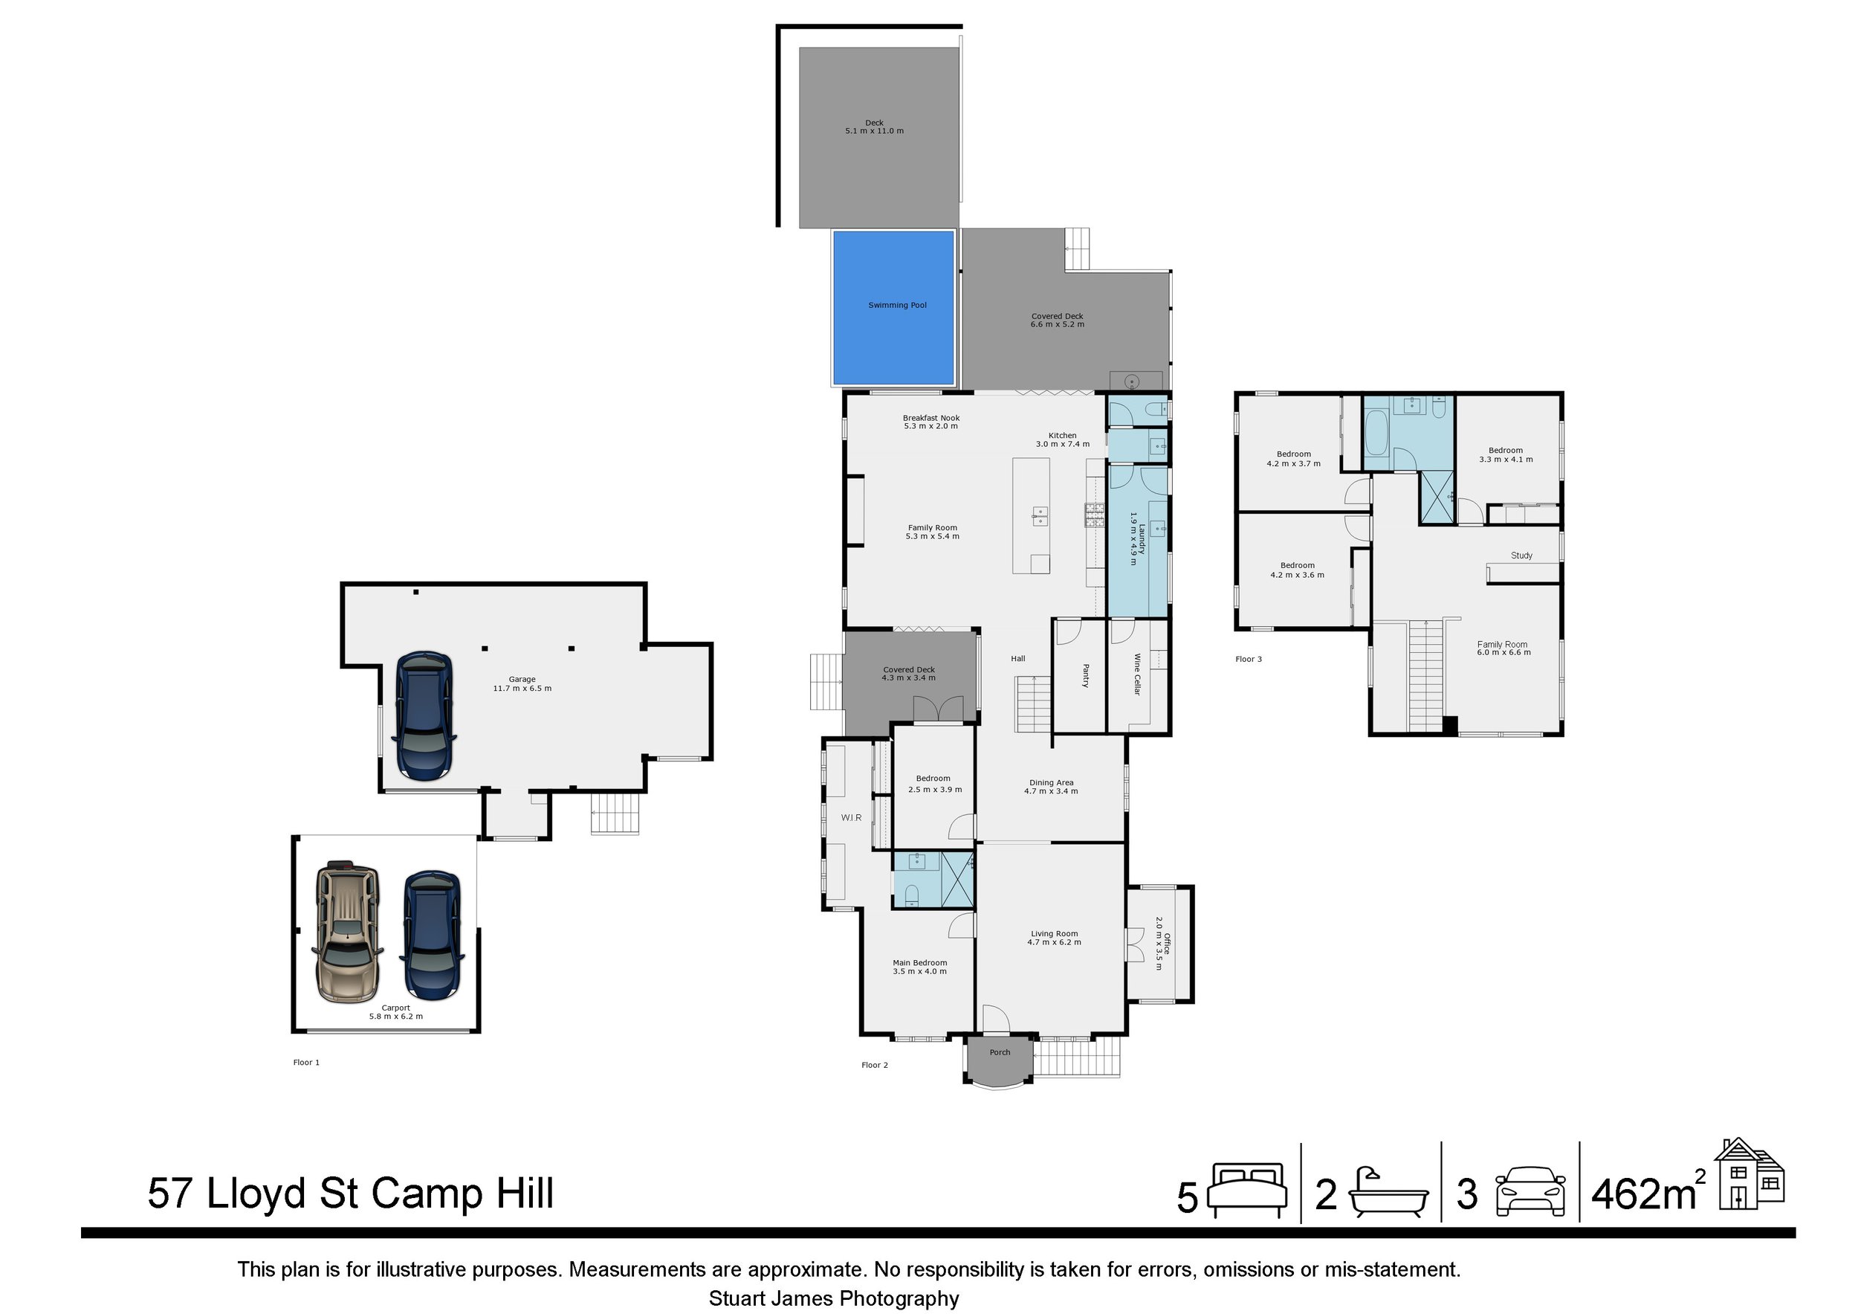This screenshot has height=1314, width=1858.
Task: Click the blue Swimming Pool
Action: [x=893, y=308]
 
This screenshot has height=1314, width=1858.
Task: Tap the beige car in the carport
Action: [x=348, y=930]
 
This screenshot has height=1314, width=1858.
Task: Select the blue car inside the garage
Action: [x=422, y=717]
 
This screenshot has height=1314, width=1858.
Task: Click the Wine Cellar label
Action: [x=1137, y=674]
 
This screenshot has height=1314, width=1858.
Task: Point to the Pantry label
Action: [x=1086, y=676]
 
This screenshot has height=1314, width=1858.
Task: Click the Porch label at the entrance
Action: [x=1000, y=1052]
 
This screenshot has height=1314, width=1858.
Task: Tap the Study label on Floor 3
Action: [x=1521, y=555]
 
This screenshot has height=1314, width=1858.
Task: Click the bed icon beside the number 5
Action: [x=1247, y=1190]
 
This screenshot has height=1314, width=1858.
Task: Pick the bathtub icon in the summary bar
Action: [x=1388, y=1192]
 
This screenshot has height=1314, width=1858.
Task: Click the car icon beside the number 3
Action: [x=1530, y=1191]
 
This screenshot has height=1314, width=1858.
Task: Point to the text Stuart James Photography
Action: [x=835, y=1298]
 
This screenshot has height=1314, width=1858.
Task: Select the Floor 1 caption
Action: [x=307, y=1062]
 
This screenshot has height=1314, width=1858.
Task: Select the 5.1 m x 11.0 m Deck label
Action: [x=874, y=127]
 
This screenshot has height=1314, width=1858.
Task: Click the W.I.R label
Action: [x=851, y=818]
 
